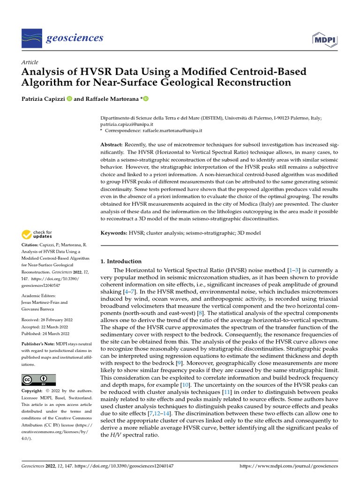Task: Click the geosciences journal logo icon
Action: coord(32,37)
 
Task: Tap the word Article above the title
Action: coord(30,62)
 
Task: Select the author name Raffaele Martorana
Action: coord(112,99)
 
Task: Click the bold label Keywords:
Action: coord(114,233)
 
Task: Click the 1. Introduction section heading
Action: coord(121,261)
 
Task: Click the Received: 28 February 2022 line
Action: coord(45,320)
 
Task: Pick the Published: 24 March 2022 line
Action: coord(45,333)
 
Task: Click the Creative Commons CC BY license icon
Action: coord(39,379)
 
